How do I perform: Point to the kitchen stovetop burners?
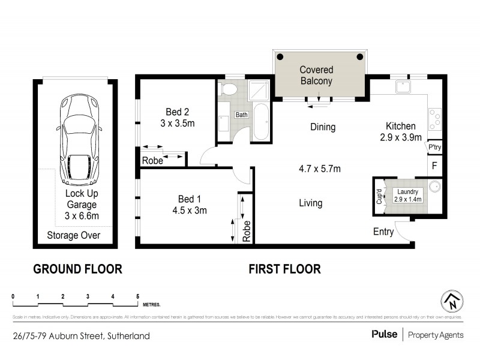point(434,119)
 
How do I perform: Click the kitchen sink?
point(402,88)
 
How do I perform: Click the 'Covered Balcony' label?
point(316,76)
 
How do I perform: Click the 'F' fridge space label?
point(435,164)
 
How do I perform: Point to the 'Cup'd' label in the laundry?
point(379,197)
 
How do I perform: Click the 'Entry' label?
point(383,232)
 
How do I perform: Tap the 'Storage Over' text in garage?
point(74,235)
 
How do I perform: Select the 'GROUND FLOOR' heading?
point(77,269)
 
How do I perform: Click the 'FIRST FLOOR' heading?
point(284,269)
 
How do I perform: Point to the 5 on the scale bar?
point(138,296)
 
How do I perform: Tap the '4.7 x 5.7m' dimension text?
point(320,169)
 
